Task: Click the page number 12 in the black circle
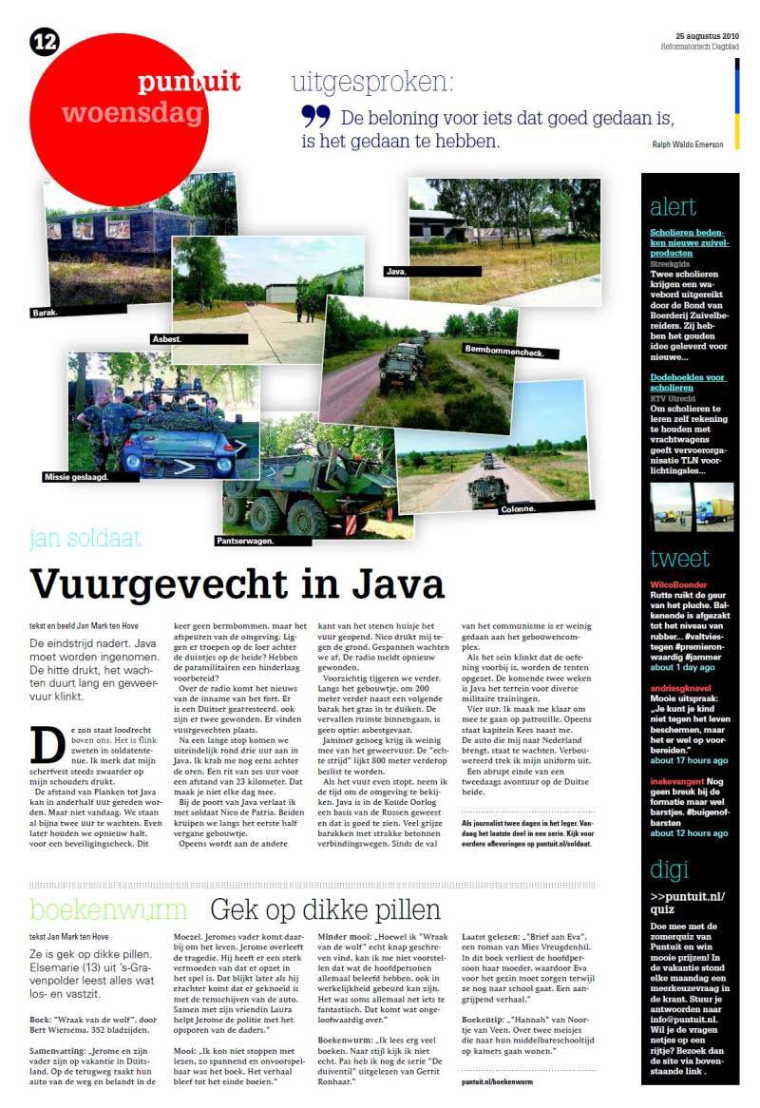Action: [x=45, y=41]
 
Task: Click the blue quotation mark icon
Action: [x=315, y=117]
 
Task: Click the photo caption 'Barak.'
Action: [x=45, y=310]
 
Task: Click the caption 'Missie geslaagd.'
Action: [x=76, y=476]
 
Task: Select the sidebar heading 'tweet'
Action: [x=679, y=558]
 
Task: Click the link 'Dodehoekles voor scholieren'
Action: [x=687, y=383]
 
